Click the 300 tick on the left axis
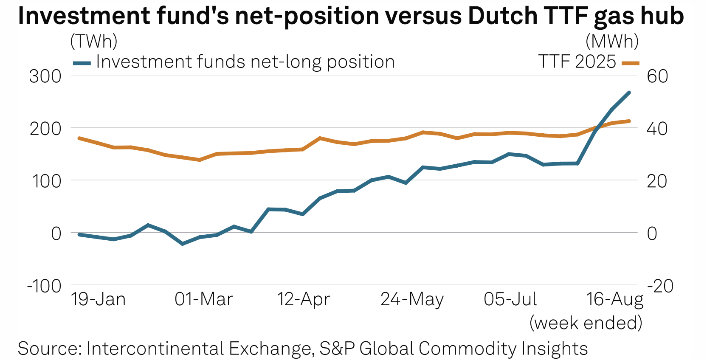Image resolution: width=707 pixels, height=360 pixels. tap(45, 76)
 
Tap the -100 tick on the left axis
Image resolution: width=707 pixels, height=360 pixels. tap(44, 286)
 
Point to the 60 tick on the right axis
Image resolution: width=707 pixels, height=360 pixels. tap(657, 76)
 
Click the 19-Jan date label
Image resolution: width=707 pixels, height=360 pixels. tap(99, 299)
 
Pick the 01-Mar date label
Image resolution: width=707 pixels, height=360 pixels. tap(204, 299)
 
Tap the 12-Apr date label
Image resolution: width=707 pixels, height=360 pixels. tap(304, 299)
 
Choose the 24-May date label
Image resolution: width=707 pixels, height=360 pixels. tap(412, 299)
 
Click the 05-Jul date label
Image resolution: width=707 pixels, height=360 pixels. tap(510, 299)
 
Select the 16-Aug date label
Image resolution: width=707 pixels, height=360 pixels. tap(615, 299)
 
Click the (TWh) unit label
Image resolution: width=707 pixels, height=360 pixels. tap(94, 42)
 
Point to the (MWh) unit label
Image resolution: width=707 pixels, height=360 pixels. tap(612, 42)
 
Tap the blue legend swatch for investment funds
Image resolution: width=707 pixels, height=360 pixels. tap(82, 63)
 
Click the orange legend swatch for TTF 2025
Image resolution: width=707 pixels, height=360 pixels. tap(630, 63)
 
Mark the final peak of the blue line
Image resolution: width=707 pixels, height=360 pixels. tap(629, 93)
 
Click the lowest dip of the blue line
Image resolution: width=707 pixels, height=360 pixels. tap(183, 244)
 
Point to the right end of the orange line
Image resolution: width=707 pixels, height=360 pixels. tap(629, 121)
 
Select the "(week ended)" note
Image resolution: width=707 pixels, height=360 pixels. tap(586, 323)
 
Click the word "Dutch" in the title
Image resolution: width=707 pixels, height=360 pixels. tap(501, 16)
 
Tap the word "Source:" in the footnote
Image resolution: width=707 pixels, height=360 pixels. tap(50, 349)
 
